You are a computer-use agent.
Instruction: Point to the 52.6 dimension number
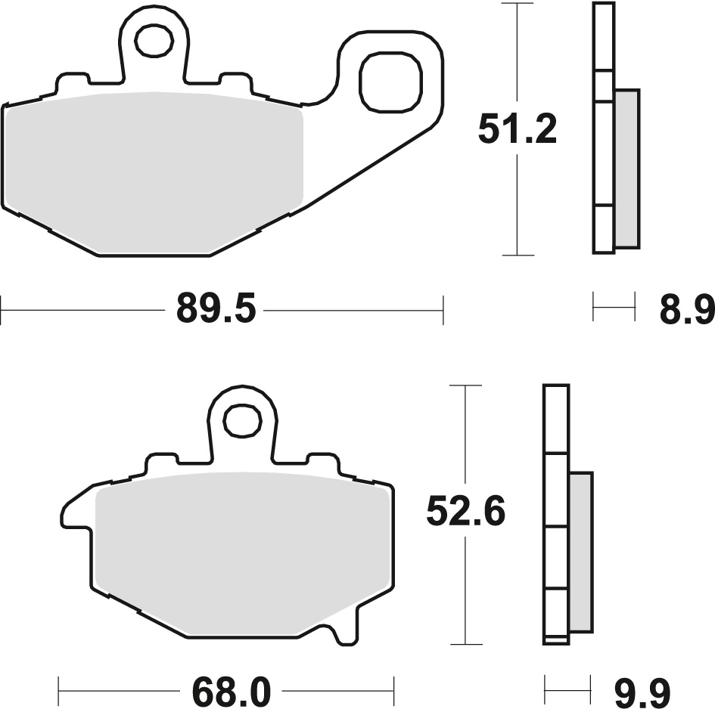pos(465,513)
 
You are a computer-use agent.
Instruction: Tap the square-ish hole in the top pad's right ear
pos(390,81)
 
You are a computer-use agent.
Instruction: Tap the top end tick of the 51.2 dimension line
pos(518,4)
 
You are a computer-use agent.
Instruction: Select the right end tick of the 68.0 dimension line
pos(394,689)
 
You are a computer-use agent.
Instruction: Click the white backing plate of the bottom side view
pos(556,514)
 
